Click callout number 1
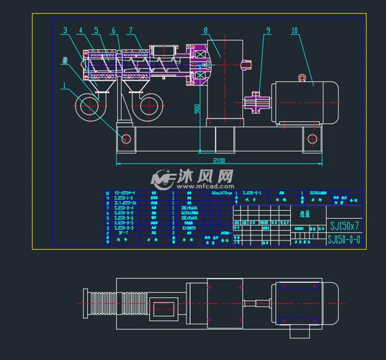64,85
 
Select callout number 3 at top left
65,30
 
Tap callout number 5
96,30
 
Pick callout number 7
130,30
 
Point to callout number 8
205,30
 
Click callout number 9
268,30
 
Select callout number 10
295,30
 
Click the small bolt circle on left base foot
126,138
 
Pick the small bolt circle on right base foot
311,138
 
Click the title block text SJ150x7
344,225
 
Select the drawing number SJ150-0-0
344,239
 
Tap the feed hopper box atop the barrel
161,51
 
